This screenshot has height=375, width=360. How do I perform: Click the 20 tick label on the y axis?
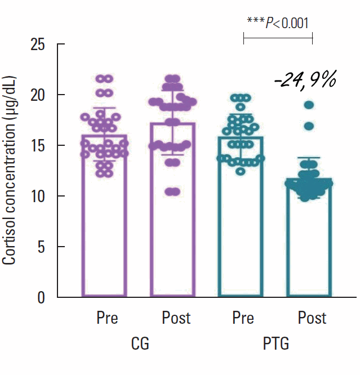(x=38, y=95)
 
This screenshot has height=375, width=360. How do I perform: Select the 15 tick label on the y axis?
(x=38, y=145)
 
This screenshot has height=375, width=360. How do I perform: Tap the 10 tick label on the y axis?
(x=38, y=196)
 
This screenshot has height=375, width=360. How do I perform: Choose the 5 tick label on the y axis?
(x=43, y=247)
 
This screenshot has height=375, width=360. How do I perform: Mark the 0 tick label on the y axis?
(x=43, y=297)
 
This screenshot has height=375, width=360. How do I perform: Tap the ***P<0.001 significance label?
(x=278, y=22)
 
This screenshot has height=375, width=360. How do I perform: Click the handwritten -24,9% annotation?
(x=305, y=81)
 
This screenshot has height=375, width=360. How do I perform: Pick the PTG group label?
(x=276, y=343)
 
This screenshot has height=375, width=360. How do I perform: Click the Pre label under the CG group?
(x=107, y=318)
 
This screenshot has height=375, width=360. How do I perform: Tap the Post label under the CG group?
(x=176, y=318)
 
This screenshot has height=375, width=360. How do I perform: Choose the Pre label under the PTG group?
(x=243, y=318)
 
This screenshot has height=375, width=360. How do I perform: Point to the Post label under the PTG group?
(x=312, y=318)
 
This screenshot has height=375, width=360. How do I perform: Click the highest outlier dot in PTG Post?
(x=309, y=105)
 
